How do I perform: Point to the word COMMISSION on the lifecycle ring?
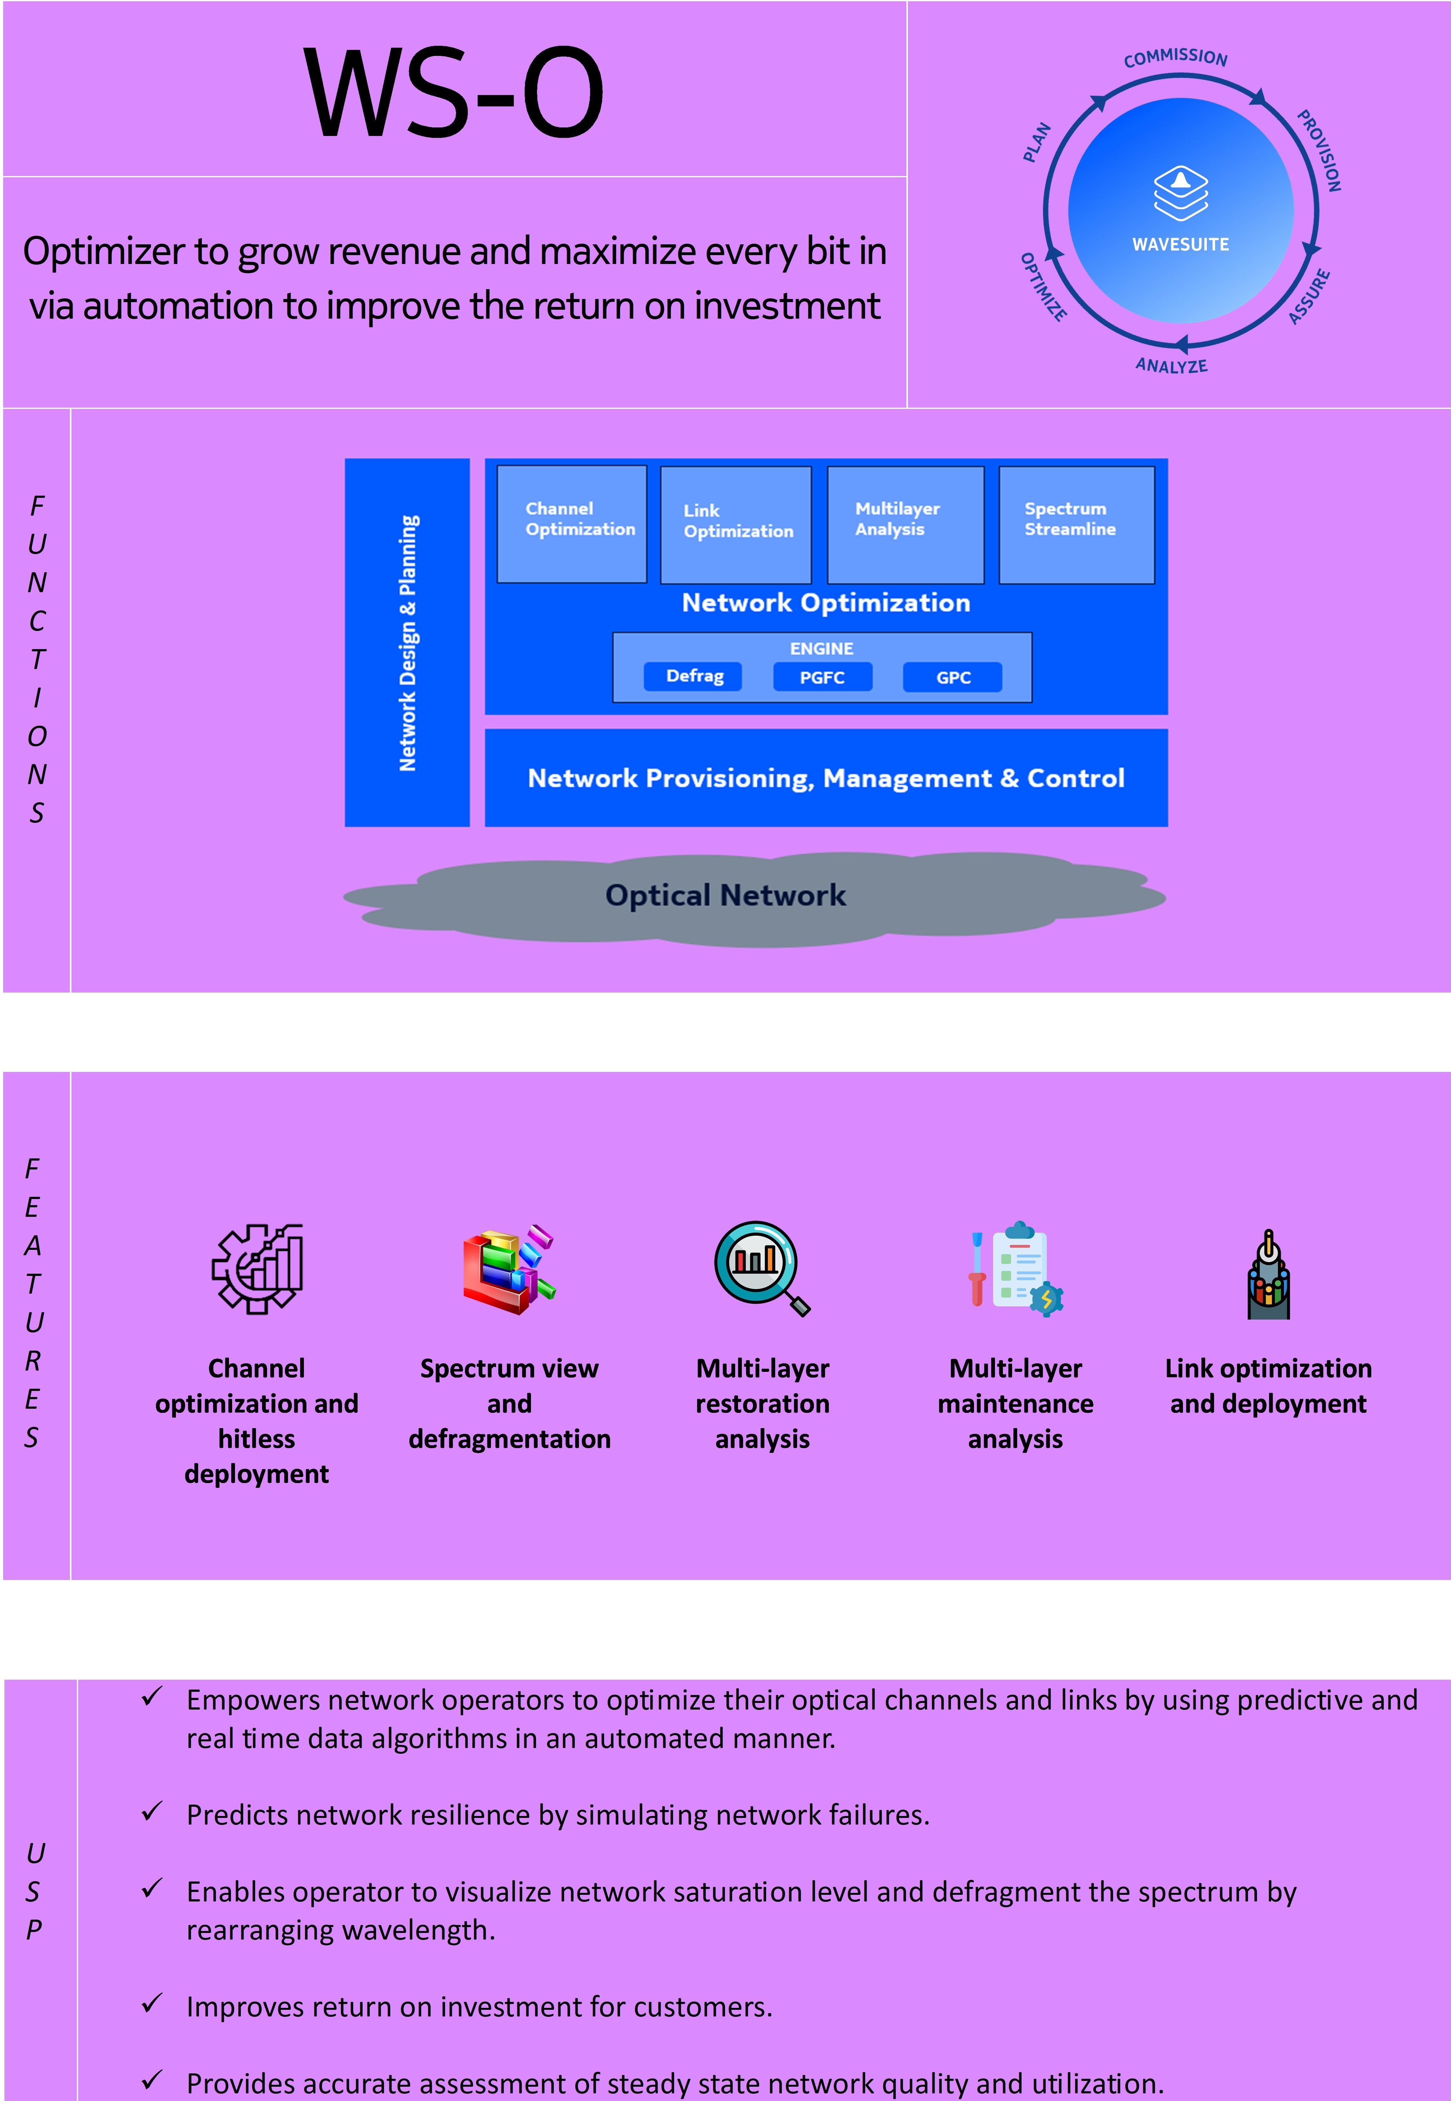click(x=1176, y=58)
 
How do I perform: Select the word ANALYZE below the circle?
click(x=1171, y=366)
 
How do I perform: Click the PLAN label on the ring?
click(x=1037, y=143)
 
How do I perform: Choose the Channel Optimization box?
click(x=572, y=524)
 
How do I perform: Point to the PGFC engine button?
click(x=822, y=677)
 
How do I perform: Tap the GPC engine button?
click(x=953, y=677)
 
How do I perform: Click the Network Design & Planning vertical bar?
click(x=407, y=642)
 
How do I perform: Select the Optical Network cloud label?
click(x=725, y=895)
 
